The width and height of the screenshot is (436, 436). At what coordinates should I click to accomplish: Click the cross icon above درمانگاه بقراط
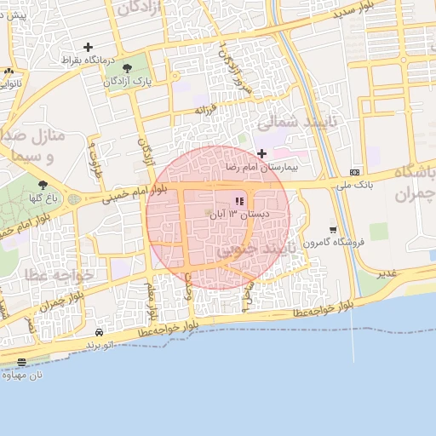tap(88, 47)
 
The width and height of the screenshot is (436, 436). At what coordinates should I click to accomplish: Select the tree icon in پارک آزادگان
tap(128, 68)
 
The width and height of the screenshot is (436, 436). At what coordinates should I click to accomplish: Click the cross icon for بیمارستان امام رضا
tap(261, 153)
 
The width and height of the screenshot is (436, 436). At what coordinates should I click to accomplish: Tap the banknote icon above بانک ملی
tap(355, 171)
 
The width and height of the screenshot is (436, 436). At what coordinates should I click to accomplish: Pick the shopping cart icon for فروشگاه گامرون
tap(332, 229)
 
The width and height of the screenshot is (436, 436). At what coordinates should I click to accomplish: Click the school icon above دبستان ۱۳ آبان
tap(239, 201)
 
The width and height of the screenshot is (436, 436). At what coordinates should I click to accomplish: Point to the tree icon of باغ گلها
tap(43, 184)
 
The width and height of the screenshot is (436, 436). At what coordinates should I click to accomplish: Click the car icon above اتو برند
tap(100, 332)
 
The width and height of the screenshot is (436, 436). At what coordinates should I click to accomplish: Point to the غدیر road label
tap(387, 273)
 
